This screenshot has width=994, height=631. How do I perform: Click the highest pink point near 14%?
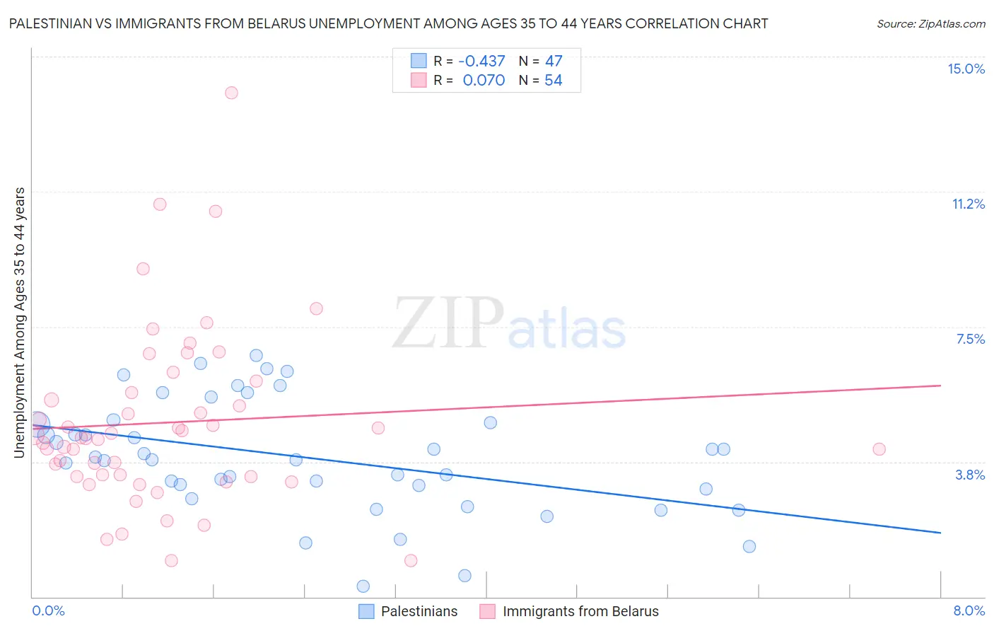(x=231, y=93)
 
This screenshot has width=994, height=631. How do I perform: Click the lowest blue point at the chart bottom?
(x=363, y=586)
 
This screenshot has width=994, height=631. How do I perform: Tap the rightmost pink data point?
(x=879, y=449)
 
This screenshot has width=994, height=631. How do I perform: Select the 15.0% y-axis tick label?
(x=966, y=69)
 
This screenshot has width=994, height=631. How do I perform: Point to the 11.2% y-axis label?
(x=968, y=204)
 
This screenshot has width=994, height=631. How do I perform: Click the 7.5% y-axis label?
(x=970, y=339)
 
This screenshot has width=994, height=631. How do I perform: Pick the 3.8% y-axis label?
(x=970, y=475)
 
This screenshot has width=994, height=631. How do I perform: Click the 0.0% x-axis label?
(x=48, y=610)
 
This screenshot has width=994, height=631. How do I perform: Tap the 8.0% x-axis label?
(x=969, y=610)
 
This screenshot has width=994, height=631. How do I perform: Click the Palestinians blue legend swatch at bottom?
(x=366, y=611)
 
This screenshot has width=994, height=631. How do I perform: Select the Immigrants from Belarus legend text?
(x=580, y=611)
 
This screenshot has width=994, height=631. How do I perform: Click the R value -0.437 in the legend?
(x=481, y=61)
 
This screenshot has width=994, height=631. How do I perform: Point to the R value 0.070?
(x=484, y=80)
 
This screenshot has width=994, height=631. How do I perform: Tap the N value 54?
(x=553, y=80)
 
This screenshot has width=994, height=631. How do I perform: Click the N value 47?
(x=554, y=61)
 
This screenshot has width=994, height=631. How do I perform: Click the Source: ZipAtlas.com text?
(x=930, y=23)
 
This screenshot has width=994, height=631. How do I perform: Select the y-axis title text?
(x=20, y=322)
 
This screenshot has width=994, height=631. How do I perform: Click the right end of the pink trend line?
(x=940, y=386)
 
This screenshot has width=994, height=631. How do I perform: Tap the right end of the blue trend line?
(x=940, y=532)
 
